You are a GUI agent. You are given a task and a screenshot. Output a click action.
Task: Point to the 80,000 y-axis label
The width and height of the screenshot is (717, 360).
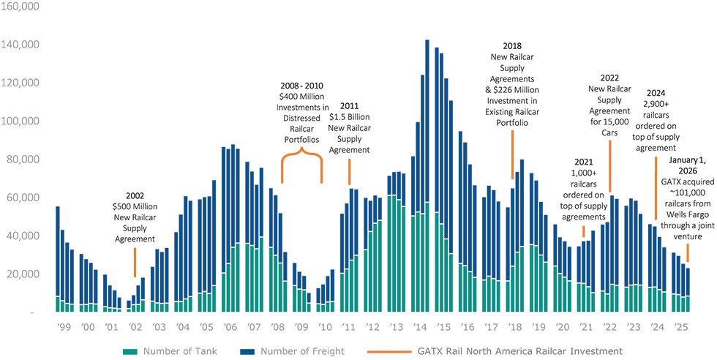click(25, 160)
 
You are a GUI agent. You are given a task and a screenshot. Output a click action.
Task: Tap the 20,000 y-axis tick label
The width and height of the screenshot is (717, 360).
click(25, 274)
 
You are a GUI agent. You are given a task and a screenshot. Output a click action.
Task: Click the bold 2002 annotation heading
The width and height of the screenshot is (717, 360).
click(135, 196)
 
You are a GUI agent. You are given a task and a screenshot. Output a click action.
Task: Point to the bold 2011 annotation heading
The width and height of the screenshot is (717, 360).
click(349, 105)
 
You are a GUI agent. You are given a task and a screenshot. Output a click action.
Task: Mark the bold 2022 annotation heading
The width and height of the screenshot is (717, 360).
click(609, 77)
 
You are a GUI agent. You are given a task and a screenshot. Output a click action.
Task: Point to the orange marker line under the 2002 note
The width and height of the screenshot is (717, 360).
click(135, 262)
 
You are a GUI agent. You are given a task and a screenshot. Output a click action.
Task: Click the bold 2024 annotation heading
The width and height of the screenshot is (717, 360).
click(655, 92)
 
